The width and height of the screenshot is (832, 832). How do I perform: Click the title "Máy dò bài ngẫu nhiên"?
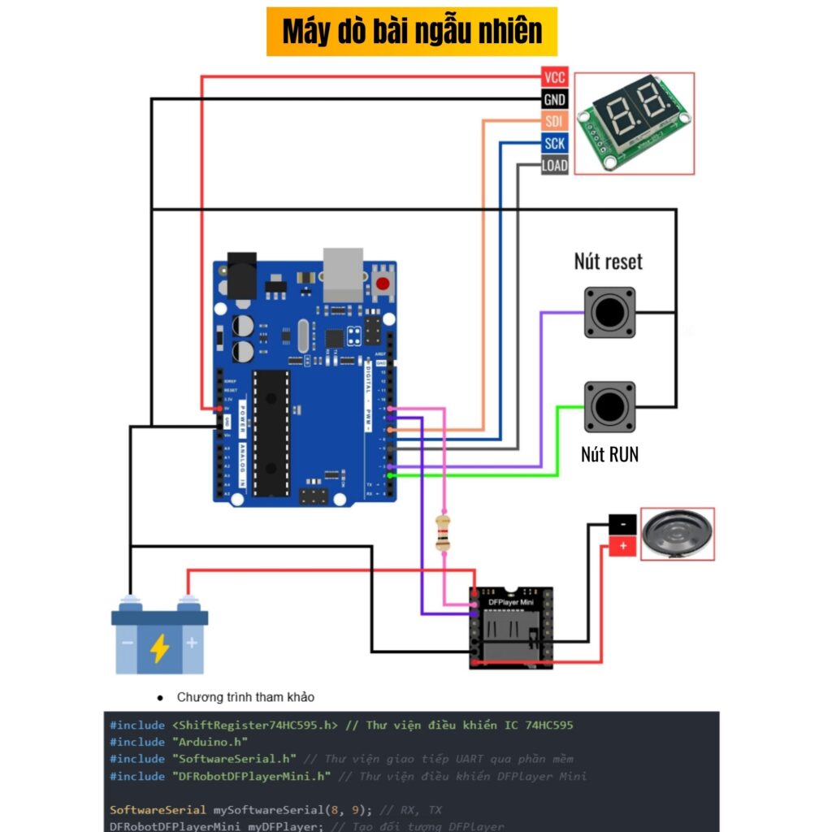(412, 32)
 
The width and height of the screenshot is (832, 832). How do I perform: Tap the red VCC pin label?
(554, 78)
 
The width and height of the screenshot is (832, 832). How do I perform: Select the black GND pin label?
(554, 100)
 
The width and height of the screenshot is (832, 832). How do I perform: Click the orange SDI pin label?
(554, 122)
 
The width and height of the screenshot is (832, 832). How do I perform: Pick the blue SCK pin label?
(554, 144)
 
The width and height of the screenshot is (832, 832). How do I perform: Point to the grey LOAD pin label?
(554, 166)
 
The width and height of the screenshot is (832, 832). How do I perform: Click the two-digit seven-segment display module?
(635, 123)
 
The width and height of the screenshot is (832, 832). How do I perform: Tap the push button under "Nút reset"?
(609, 312)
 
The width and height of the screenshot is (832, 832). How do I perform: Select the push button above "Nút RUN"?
(609, 406)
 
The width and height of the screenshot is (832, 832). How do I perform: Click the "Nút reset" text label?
(608, 262)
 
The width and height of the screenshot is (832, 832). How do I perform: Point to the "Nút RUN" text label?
(609, 454)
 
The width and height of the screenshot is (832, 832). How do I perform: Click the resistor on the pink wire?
(443, 532)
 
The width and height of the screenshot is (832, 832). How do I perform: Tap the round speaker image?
(678, 534)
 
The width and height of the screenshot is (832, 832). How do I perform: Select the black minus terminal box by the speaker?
(622, 525)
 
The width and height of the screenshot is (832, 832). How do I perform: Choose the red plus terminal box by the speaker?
(622, 547)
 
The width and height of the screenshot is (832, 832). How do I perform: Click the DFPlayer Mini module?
(510, 627)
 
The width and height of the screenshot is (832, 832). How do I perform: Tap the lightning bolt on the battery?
(160, 648)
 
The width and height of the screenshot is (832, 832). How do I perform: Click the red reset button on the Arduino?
(383, 284)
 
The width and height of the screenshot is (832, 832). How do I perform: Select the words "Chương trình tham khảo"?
(245, 697)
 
